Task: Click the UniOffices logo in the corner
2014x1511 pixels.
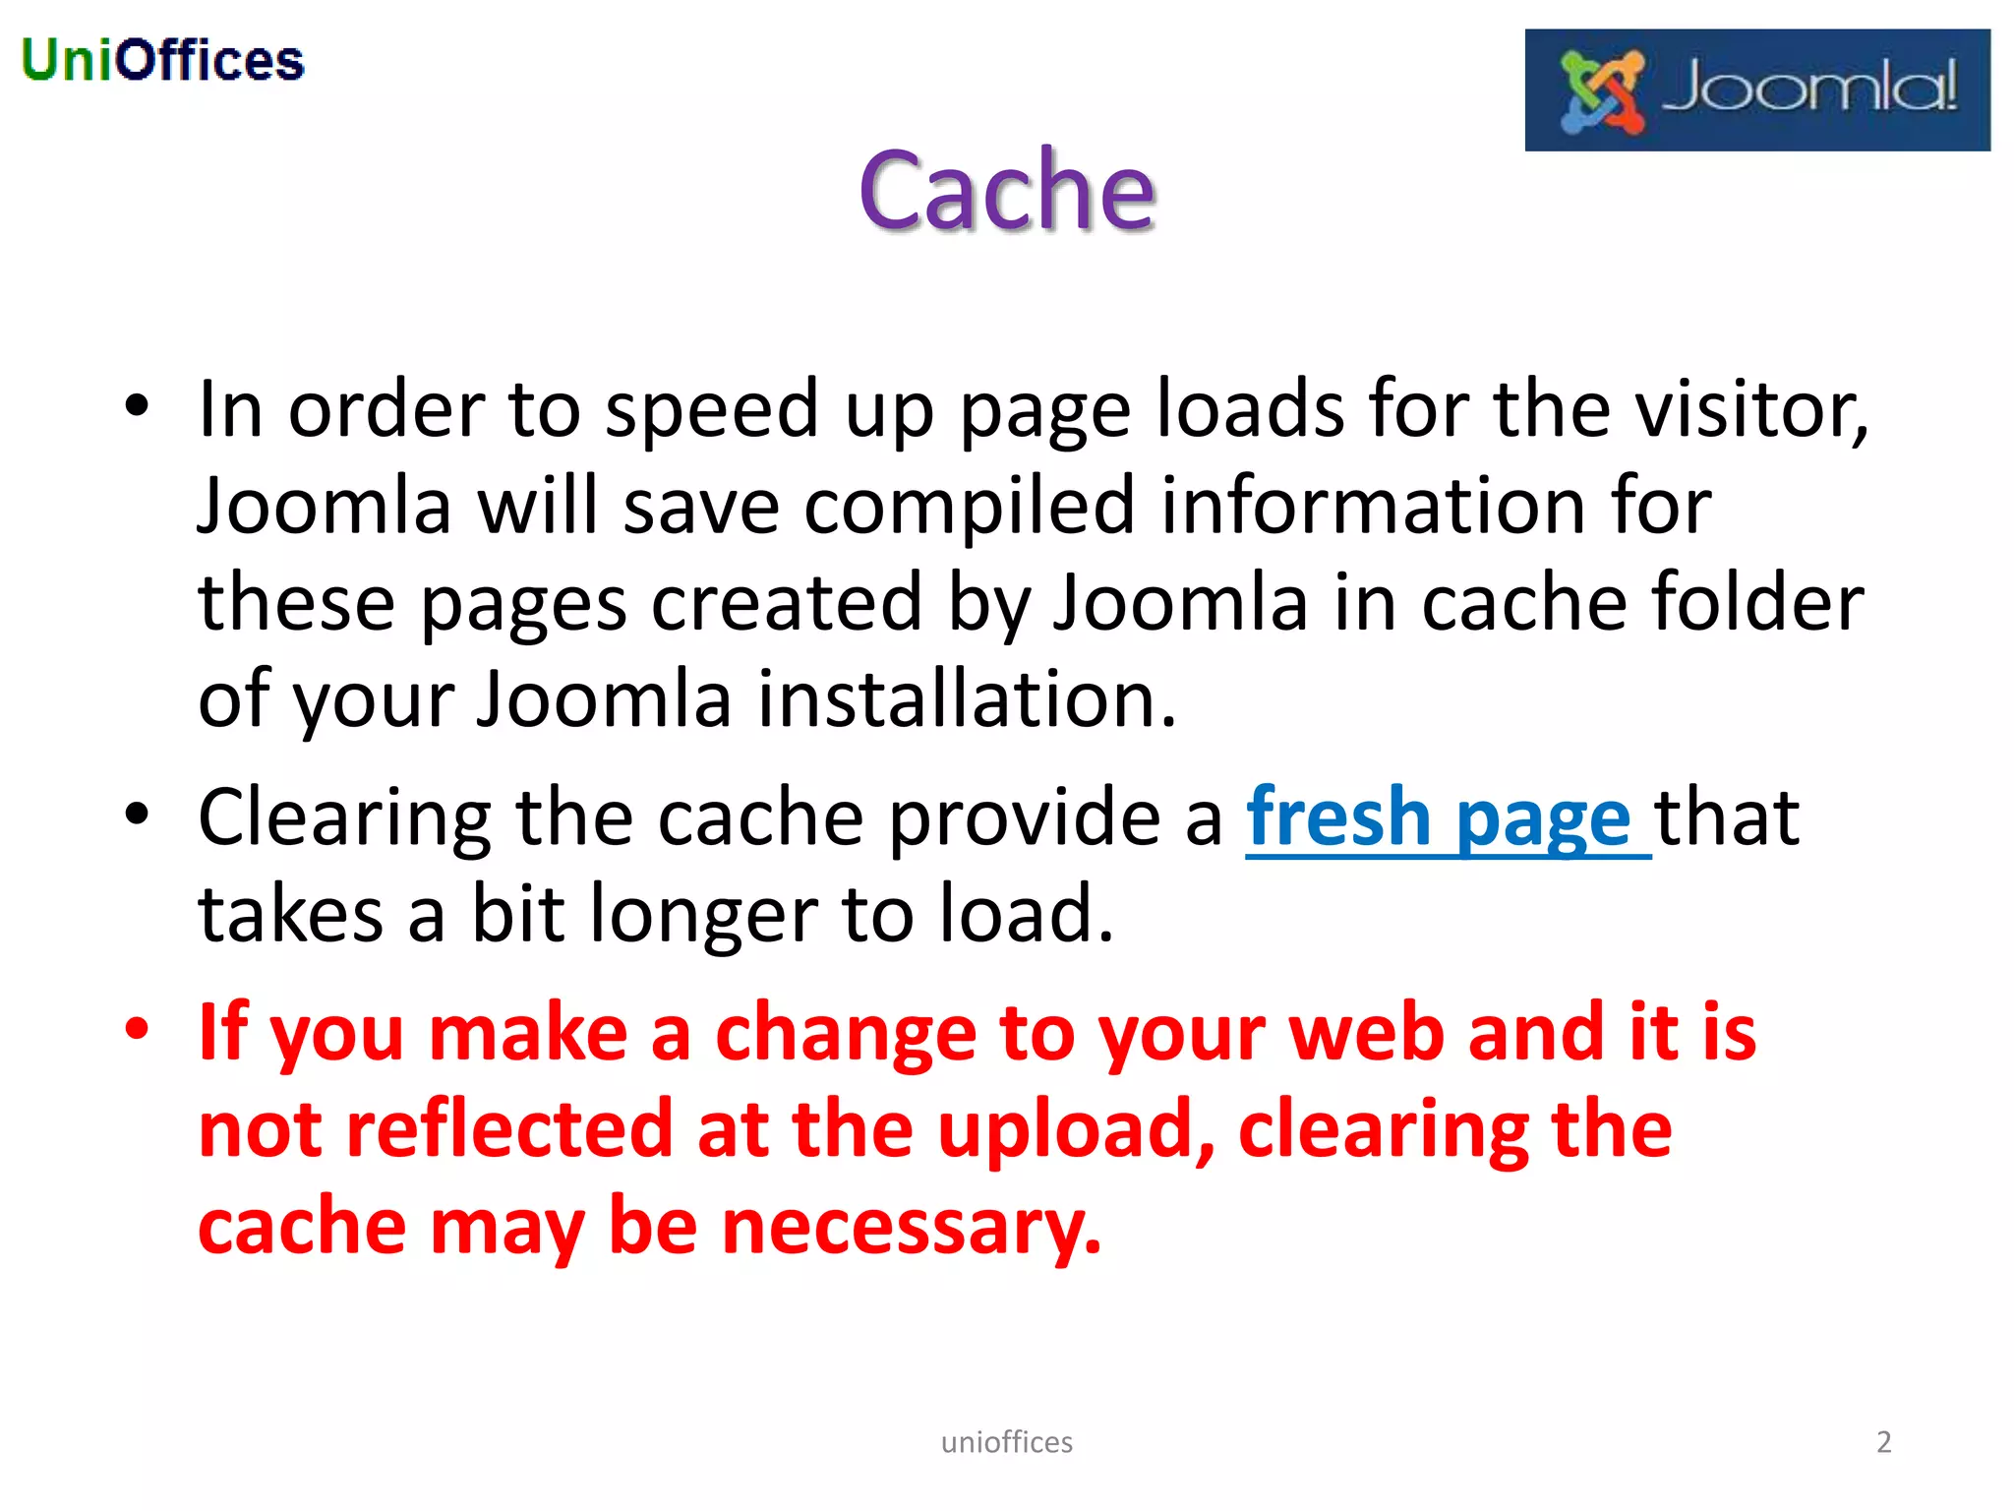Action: tap(162, 60)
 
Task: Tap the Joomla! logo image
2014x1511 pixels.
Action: tap(1756, 91)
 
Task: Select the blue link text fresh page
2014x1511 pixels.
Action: tap(1439, 818)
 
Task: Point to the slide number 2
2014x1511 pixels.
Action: tap(1883, 1441)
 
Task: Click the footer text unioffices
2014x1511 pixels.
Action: tap(1006, 1442)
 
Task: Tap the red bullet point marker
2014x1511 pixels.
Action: tap(137, 1029)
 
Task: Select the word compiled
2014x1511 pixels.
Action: tap(969, 506)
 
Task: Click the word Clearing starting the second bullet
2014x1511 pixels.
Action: tap(344, 818)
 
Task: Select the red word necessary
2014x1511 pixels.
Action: tap(911, 1227)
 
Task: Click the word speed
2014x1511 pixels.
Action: tap(711, 409)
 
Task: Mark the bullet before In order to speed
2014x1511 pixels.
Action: tap(137, 405)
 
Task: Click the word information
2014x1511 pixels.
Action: tap(1373, 506)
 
